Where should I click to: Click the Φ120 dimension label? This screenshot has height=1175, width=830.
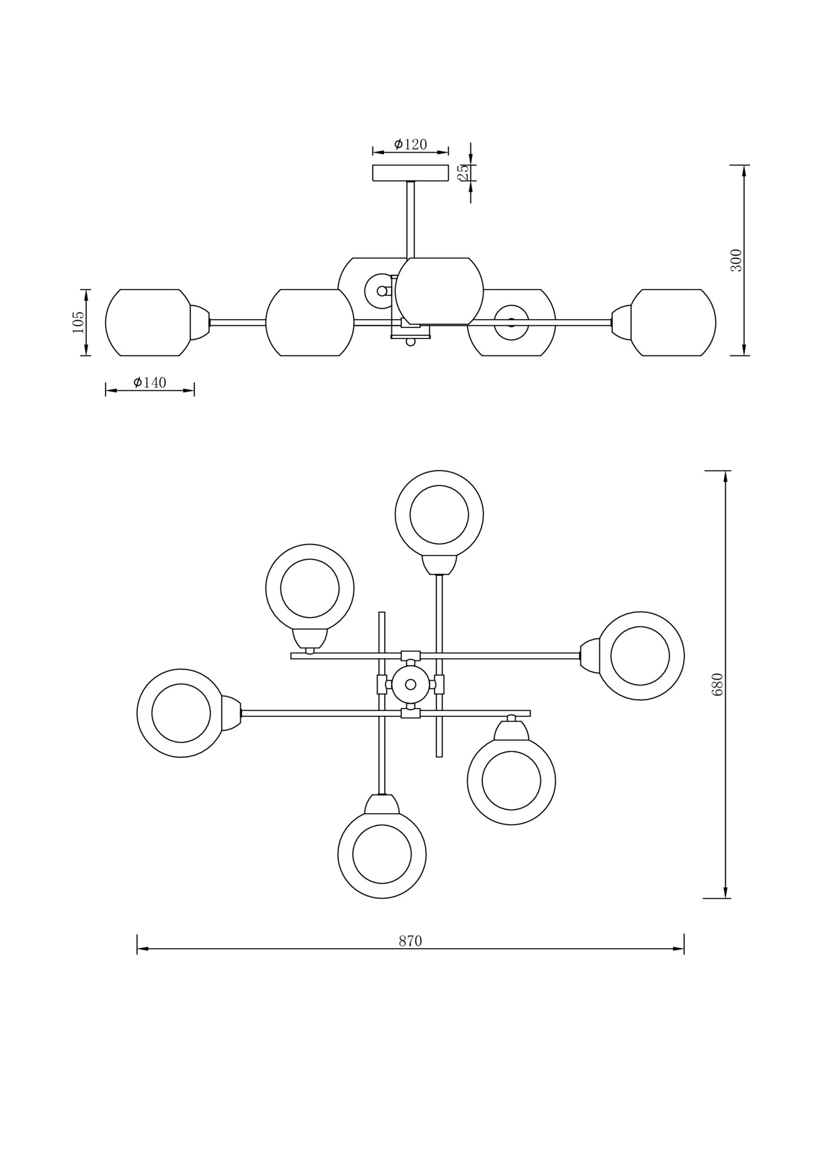pyautogui.click(x=411, y=144)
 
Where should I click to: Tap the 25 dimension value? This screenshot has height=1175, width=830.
pyautogui.click(x=463, y=172)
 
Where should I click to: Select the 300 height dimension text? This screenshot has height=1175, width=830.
pyautogui.click(x=736, y=260)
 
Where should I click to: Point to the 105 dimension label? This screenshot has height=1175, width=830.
pyautogui.click(x=78, y=322)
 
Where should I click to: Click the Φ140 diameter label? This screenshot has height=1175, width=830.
pyautogui.click(x=150, y=382)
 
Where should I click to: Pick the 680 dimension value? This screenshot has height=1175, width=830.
pyautogui.click(x=717, y=684)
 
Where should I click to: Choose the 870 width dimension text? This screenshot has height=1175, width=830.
pyautogui.click(x=410, y=941)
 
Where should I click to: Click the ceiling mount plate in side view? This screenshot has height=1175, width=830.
pyautogui.click(x=410, y=173)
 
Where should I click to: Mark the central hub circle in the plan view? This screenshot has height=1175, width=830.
pyautogui.click(x=411, y=684)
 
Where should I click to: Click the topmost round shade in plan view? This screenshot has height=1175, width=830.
pyautogui.click(x=439, y=515)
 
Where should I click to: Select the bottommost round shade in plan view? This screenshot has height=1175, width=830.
pyautogui.click(x=382, y=854)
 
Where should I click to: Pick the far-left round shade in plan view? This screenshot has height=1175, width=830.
pyautogui.click(x=181, y=713)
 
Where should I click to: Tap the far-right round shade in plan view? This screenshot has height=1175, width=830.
pyautogui.click(x=640, y=656)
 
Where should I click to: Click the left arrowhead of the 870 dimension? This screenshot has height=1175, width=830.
pyautogui.click(x=142, y=949)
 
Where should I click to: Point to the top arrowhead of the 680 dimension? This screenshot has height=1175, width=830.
pyautogui.click(x=726, y=475)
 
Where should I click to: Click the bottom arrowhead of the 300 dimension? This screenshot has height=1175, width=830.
pyautogui.click(x=744, y=351)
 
